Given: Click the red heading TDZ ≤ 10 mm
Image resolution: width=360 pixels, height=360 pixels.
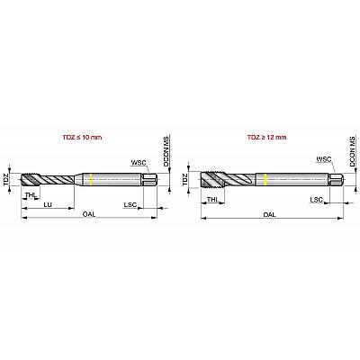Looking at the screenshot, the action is [82, 138].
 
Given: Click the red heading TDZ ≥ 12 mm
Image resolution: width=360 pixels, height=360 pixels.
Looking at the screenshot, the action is [266, 138].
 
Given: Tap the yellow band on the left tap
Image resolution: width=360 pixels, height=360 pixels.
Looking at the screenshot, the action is [91, 179].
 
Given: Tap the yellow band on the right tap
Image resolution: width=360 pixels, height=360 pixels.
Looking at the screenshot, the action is [265, 179].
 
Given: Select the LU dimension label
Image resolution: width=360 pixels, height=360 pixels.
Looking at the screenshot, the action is [48, 204].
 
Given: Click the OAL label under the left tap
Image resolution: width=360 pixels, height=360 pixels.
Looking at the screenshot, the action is [89, 214].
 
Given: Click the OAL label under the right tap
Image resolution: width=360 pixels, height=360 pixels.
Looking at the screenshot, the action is [270, 214].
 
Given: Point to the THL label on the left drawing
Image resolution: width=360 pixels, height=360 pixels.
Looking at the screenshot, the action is [31, 195].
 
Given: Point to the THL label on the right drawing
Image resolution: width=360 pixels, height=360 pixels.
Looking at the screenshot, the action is [212, 199].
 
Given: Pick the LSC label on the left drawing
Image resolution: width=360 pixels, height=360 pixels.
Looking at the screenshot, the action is [130, 205].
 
